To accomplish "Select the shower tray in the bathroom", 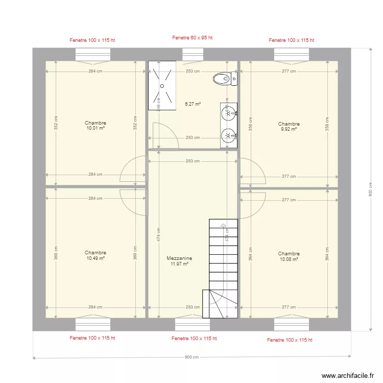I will tap(162, 86).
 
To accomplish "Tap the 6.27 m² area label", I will tap(193, 104).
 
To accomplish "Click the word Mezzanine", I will tap(179, 258).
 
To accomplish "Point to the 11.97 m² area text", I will tap(179, 264).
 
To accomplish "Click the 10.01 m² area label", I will tap(95, 128).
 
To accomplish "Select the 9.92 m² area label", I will tap(289, 129).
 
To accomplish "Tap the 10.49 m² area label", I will tap(95, 258).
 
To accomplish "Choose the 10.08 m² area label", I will tap(289, 259).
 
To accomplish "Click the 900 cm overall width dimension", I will tap(192, 357).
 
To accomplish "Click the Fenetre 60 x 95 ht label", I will tap(192, 38).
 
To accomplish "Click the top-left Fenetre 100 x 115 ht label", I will tap(92, 40).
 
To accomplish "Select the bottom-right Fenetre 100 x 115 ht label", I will tap(290, 340).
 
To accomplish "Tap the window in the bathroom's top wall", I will tap(193, 54).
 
